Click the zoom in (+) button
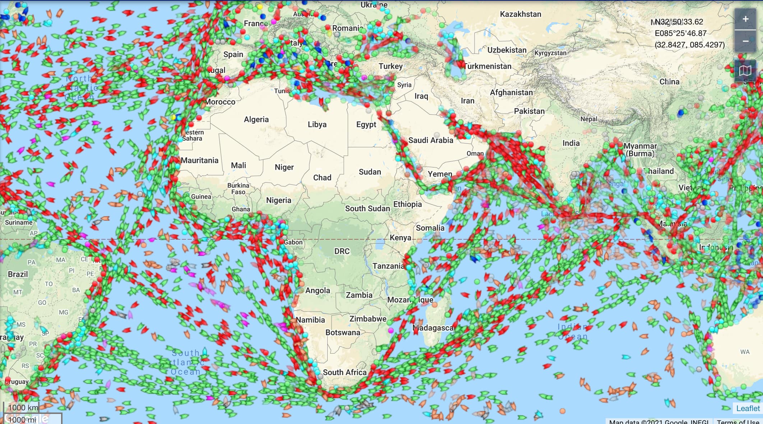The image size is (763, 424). [745, 19]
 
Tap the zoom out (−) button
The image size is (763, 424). [745, 41]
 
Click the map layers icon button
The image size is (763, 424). [745, 70]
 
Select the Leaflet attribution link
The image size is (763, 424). [748, 408]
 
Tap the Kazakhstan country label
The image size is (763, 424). [521, 14]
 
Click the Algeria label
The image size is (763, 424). [256, 119]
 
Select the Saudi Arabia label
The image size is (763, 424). [431, 140]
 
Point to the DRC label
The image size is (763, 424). [342, 251]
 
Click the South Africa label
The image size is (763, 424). [344, 372]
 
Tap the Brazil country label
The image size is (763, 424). [18, 274]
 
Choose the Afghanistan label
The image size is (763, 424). [511, 92]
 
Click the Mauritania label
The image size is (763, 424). [200, 160]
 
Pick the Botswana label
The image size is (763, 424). [343, 332]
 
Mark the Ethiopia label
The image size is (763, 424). [407, 204]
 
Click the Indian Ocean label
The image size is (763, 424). [572, 332]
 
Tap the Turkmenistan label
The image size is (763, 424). [488, 66]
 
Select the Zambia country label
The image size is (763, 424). [359, 295]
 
